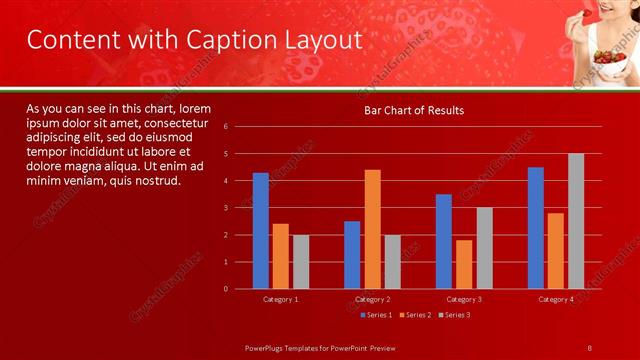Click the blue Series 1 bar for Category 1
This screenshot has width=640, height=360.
[x=261, y=230]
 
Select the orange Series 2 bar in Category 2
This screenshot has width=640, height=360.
[x=372, y=229]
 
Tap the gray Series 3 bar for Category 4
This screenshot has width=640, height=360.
[x=576, y=221]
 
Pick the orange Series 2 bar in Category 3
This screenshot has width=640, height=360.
[x=464, y=264]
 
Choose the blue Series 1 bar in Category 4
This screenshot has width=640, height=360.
[x=536, y=228]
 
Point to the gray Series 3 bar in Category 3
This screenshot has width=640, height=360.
[x=484, y=248]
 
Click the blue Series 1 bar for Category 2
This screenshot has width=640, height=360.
[x=352, y=255]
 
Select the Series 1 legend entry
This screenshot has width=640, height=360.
[x=376, y=315]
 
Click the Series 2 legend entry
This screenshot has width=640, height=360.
[x=415, y=315]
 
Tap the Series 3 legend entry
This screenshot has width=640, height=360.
[x=454, y=315]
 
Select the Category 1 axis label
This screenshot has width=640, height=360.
[x=281, y=299]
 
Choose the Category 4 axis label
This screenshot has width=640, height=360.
[x=556, y=299]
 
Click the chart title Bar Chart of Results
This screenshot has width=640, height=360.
[x=412, y=110]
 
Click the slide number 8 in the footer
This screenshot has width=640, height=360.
[x=589, y=347]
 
